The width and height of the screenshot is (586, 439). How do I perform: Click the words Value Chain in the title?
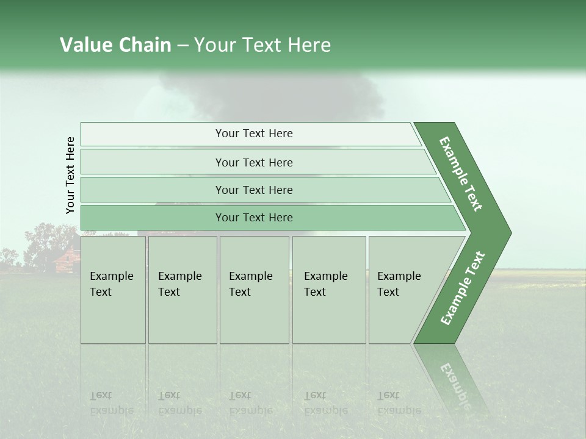(x=115, y=45)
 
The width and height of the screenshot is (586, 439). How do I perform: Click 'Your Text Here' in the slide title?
(x=262, y=45)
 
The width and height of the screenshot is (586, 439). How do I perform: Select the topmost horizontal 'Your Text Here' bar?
(x=254, y=134)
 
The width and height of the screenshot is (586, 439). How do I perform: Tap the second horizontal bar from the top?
(x=254, y=162)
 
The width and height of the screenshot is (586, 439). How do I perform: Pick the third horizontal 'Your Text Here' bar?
(x=254, y=190)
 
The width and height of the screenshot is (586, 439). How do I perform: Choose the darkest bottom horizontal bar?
(x=254, y=218)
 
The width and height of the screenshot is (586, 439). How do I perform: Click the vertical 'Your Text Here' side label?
(x=70, y=175)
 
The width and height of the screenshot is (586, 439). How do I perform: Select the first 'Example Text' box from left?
(x=113, y=290)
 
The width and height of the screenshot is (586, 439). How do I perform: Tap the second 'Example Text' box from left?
(x=182, y=290)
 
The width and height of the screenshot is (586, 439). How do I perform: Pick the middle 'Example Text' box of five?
(x=254, y=290)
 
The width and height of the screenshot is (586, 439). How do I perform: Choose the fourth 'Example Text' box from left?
(x=328, y=290)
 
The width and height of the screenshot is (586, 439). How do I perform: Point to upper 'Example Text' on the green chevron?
(x=461, y=174)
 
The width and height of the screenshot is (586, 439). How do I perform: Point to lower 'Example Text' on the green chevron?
(x=463, y=288)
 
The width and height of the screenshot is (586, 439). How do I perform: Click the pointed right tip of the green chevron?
(x=508, y=233)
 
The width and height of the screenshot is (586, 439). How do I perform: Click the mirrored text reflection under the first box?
(x=111, y=403)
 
